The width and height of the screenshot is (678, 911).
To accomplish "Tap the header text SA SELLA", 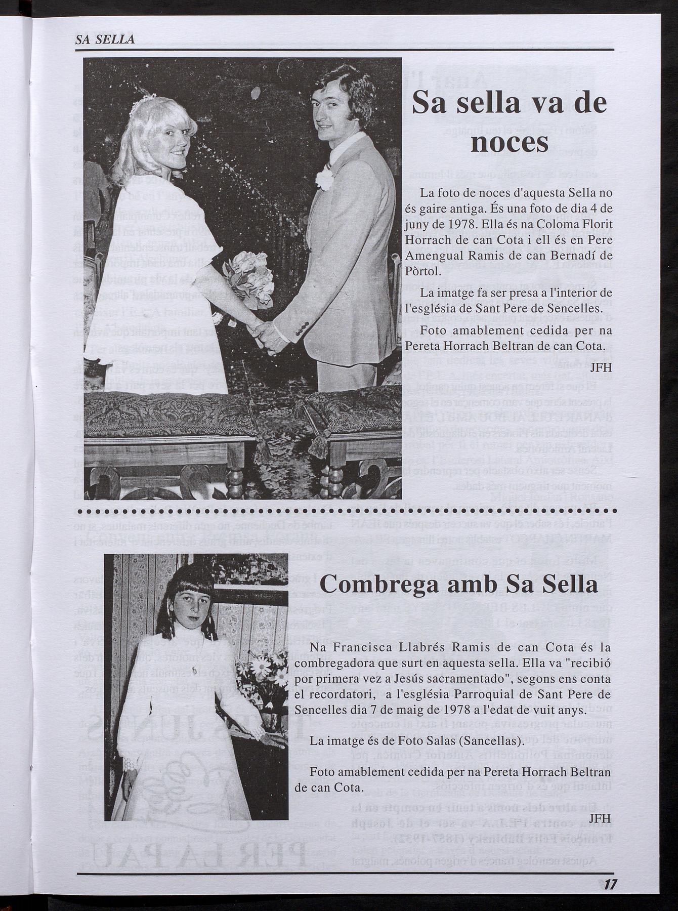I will click(x=105, y=39).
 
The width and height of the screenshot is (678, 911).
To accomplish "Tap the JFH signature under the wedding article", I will click(x=601, y=366).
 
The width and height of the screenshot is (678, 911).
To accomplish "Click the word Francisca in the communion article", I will click(x=362, y=647).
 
